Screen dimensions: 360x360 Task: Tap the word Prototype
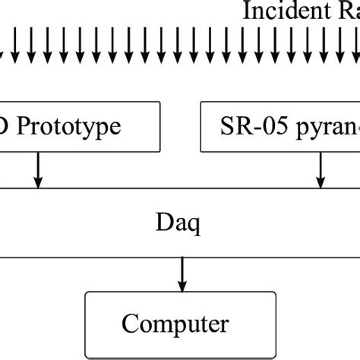69,125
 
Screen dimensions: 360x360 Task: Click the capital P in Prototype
24,125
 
